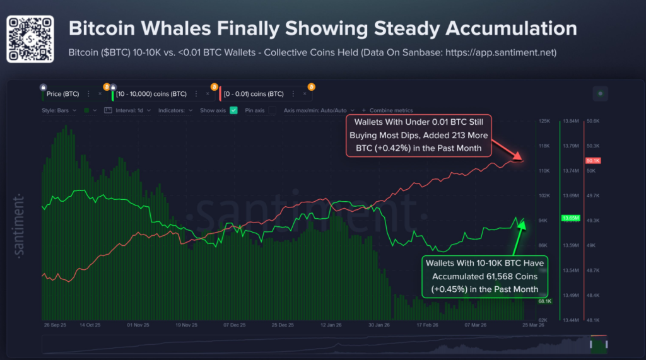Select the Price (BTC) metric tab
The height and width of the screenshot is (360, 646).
coord(62,94)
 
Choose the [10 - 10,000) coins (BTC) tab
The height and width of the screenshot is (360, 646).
coord(151,94)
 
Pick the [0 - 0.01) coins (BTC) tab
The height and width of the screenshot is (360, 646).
coord(254,94)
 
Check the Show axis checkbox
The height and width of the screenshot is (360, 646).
coord(233,110)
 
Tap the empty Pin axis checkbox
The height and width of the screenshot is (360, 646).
coord(273,110)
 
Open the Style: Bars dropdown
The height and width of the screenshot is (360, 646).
coord(60,110)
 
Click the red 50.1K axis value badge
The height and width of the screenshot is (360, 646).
coord(593,161)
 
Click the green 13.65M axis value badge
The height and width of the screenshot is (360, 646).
coord(570,218)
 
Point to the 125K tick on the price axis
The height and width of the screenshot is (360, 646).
coord(544,121)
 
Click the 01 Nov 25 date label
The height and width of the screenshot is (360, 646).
coord(138,325)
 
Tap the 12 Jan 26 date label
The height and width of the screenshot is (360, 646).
coord(331,325)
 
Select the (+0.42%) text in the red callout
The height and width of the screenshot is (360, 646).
coord(383,148)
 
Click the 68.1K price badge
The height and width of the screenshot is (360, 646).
coord(545,301)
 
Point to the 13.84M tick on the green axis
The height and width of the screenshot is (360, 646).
coord(570,121)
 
